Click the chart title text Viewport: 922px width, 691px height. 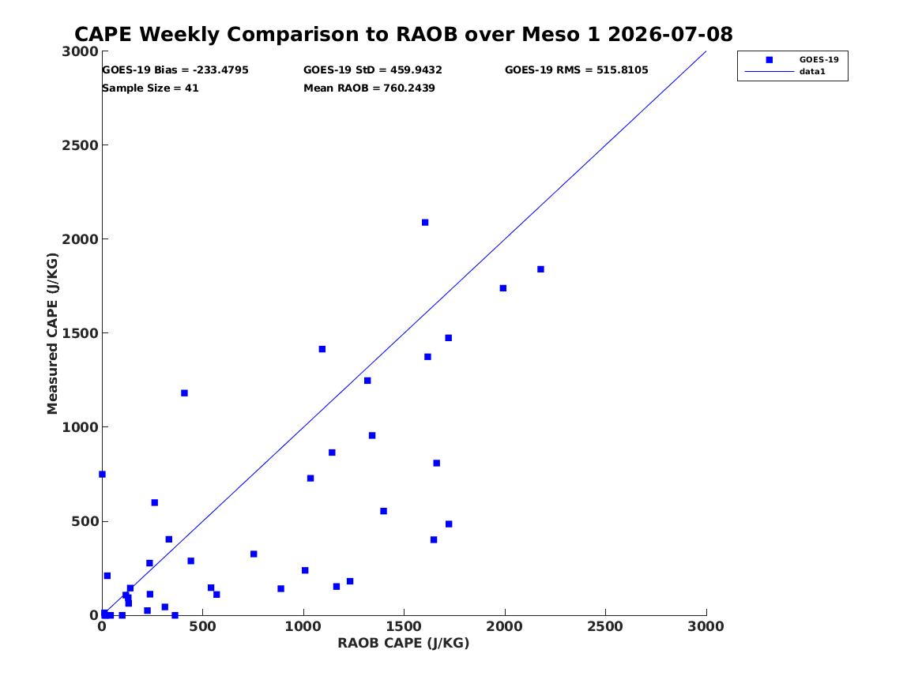[x=404, y=34]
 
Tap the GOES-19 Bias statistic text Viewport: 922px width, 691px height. [x=175, y=70]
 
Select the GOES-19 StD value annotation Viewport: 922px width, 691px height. [x=373, y=70]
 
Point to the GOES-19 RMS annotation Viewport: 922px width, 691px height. [x=576, y=70]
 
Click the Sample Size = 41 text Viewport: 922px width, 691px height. [x=151, y=88]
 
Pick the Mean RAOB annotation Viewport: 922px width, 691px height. [x=369, y=88]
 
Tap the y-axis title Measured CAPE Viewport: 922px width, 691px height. [x=52, y=333]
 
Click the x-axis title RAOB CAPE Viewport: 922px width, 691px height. [x=404, y=643]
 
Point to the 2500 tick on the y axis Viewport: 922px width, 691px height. [x=80, y=145]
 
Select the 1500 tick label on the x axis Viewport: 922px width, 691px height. [x=404, y=627]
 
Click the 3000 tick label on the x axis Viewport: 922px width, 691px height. [x=706, y=627]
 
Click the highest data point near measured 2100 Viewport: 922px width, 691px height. [x=425, y=223]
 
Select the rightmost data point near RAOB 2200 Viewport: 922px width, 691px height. [x=540, y=269]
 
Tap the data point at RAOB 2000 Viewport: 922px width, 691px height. [x=502, y=288]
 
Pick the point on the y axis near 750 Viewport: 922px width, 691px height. [x=103, y=474]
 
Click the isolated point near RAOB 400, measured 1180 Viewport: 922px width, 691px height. [x=184, y=393]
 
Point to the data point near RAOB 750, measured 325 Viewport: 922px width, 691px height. [x=254, y=554]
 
